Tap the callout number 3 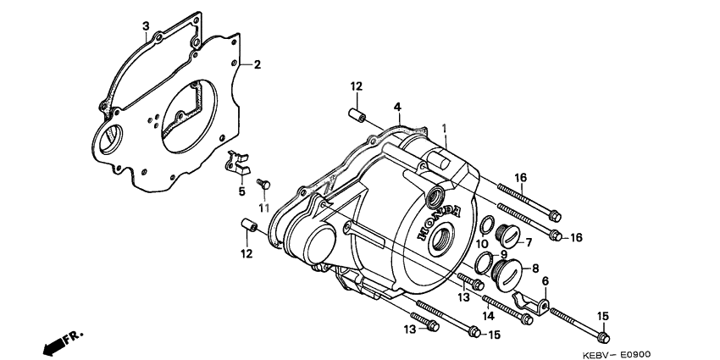point(146,27)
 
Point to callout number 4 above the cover point(396,107)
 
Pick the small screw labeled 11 point(263,181)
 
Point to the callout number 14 point(489,315)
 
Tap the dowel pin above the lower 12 point(248,225)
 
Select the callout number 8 point(535,268)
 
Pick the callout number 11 point(263,208)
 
